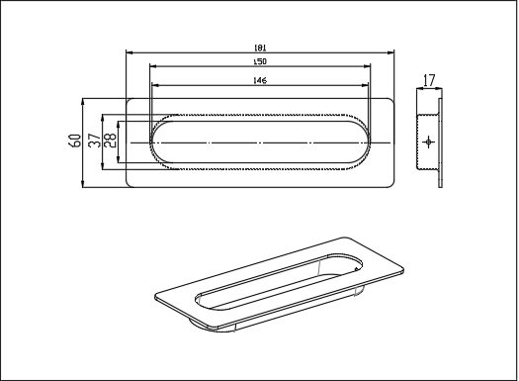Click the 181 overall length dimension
[x=261, y=48]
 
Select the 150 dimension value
[x=261, y=61]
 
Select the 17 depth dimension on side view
[x=428, y=79]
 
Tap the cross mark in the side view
[x=428, y=143]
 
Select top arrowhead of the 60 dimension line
[x=83, y=101]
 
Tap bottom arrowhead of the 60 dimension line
[x=83, y=185]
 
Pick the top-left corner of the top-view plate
[x=129, y=99]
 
